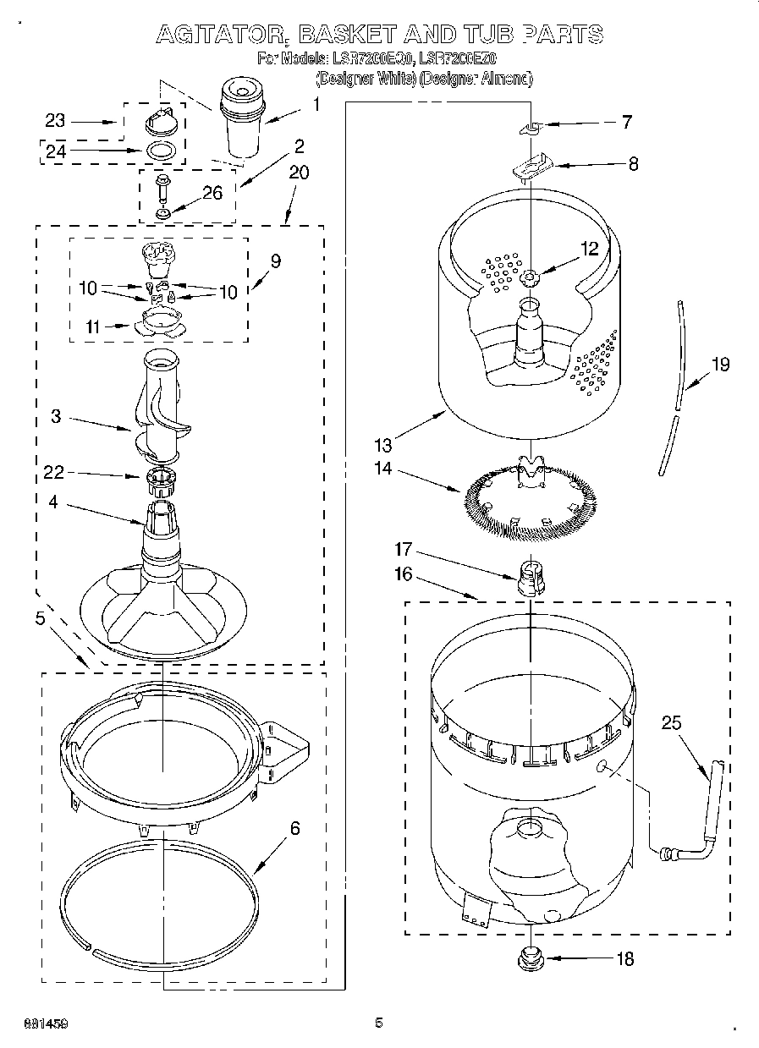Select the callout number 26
pos(212,193)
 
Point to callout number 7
pos(626,122)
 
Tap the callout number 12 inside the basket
pos(589,249)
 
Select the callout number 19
pos(720,365)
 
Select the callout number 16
pos(403,575)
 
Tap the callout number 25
pos(671,723)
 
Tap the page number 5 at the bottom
pos(379,1023)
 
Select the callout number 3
pos(55,416)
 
